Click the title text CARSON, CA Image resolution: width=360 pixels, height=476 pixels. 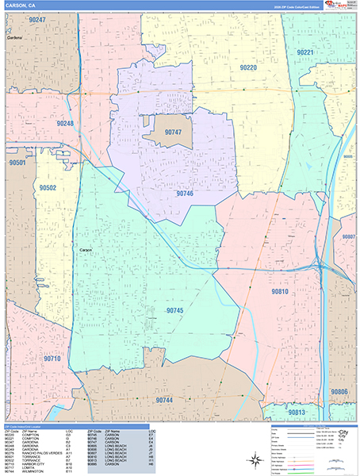coord(21,6)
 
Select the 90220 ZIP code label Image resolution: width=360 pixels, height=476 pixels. coord(248,68)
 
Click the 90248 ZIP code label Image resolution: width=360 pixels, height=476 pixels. coord(66,124)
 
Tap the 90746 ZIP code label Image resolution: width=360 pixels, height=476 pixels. coord(185,193)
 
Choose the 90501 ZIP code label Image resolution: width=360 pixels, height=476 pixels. coord(17,162)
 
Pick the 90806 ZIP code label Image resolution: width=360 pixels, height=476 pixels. coord(339,392)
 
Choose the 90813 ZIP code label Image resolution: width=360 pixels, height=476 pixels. coord(297,413)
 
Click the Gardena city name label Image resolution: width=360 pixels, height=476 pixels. coord(12,37)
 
